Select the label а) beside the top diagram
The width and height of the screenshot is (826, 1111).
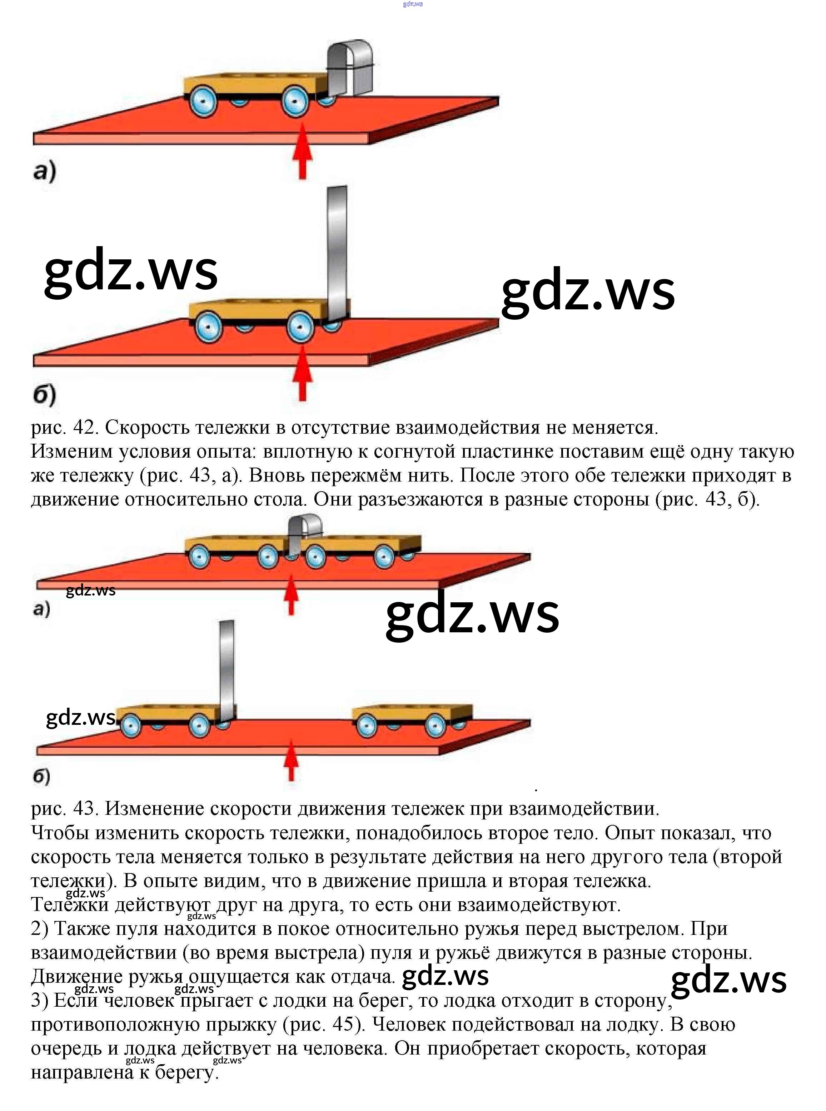click(45, 171)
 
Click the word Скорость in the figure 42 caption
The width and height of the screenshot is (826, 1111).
click(146, 428)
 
